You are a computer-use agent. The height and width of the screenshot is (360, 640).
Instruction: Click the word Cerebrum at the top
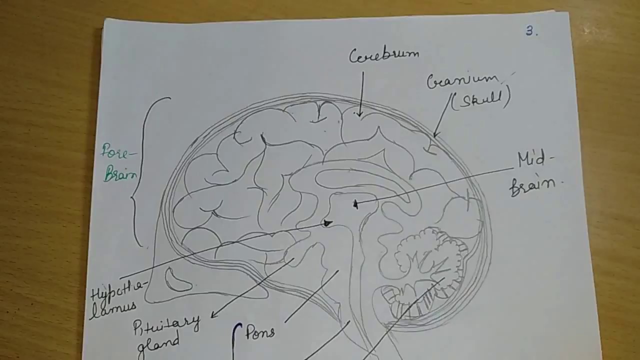[x=383, y=55]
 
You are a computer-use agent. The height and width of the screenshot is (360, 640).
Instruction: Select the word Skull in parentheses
[x=481, y=99]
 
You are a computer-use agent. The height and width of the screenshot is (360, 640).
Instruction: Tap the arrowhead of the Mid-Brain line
[x=355, y=204]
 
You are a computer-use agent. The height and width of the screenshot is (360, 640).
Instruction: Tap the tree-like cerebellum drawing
[x=430, y=255]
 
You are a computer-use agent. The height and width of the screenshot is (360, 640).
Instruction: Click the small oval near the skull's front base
[x=178, y=280]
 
